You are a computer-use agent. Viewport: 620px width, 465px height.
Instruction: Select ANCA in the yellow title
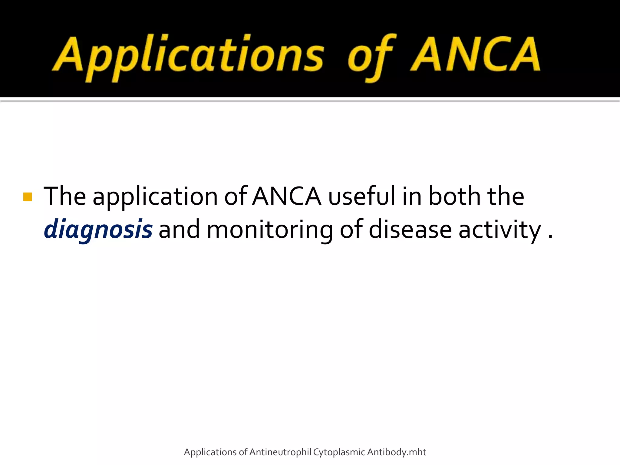point(475,54)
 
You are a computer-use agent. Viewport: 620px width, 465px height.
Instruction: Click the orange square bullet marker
point(28,197)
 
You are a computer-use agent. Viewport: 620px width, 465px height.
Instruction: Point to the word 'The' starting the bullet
point(65,196)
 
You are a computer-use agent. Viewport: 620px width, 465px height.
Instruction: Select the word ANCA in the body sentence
point(287,196)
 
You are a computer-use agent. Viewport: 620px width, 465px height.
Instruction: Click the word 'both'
point(454,196)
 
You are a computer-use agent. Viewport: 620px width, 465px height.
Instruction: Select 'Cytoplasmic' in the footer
point(339,452)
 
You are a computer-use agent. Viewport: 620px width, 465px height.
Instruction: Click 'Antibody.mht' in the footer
point(397,452)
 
